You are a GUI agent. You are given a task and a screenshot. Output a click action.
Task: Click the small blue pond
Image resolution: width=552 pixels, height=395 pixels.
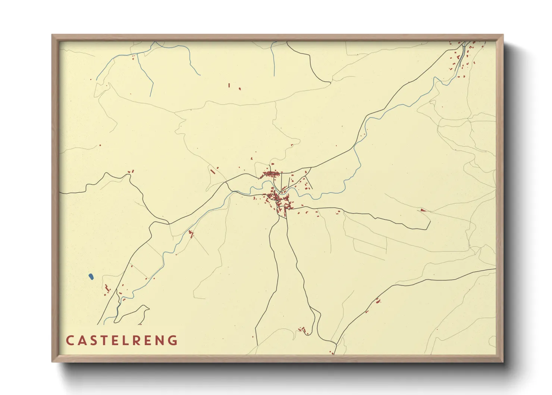91,277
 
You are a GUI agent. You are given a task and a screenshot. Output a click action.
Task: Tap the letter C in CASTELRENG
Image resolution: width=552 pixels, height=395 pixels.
70,340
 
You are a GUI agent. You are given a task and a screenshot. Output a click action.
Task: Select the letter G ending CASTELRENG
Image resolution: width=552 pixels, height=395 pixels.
173,340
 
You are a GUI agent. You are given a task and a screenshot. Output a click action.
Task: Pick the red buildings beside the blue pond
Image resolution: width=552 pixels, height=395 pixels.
107,289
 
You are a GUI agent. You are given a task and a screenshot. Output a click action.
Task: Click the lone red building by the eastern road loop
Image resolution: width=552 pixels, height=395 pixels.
423,210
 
